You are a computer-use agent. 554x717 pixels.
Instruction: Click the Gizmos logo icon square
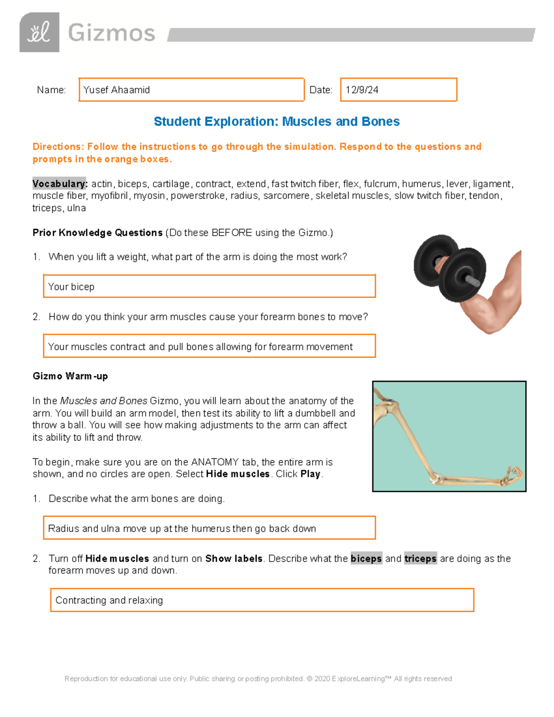click(39, 32)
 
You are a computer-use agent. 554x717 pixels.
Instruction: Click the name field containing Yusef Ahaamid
click(191, 90)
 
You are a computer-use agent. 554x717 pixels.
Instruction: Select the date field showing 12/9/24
click(398, 90)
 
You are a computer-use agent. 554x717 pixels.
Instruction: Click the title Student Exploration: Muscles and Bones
click(277, 121)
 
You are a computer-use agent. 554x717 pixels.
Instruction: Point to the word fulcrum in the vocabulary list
click(380, 184)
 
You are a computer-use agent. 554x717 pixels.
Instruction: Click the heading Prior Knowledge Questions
click(97, 233)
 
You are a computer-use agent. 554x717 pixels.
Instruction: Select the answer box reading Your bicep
click(209, 286)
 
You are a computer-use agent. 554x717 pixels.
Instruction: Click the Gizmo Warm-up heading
click(70, 376)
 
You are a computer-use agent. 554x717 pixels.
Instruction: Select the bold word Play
click(310, 474)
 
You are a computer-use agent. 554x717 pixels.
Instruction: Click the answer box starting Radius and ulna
click(209, 528)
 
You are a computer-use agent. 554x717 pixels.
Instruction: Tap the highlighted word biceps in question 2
click(366, 559)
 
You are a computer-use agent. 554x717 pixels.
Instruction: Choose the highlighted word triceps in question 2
click(420, 559)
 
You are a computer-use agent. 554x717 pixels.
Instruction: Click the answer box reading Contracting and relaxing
click(262, 600)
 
